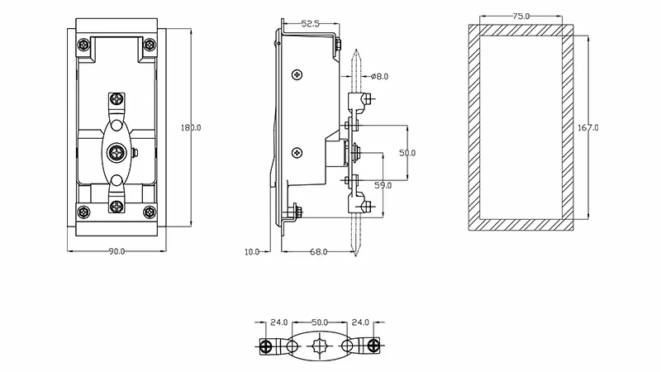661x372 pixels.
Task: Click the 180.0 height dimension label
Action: tap(191, 128)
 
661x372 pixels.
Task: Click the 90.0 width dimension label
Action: tap(117, 251)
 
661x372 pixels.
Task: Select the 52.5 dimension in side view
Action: tap(311, 25)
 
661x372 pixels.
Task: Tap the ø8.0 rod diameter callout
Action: tap(380, 76)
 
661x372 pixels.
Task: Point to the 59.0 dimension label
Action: tap(383, 186)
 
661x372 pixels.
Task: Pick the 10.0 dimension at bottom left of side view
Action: tap(252, 251)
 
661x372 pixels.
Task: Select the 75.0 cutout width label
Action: tap(521, 16)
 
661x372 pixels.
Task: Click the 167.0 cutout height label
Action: tap(588, 128)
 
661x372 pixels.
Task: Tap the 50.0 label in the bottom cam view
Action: tap(320, 322)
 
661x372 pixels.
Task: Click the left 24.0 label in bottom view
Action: tap(278, 322)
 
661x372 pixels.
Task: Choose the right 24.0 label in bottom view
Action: tap(361, 322)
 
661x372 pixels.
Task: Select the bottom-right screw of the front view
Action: tap(149, 213)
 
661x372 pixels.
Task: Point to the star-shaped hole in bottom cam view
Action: tap(320, 346)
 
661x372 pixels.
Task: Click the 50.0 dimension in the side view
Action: tap(407, 154)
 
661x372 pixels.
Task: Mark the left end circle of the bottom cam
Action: tap(267, 346)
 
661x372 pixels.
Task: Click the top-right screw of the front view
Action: tap(149, 45)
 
